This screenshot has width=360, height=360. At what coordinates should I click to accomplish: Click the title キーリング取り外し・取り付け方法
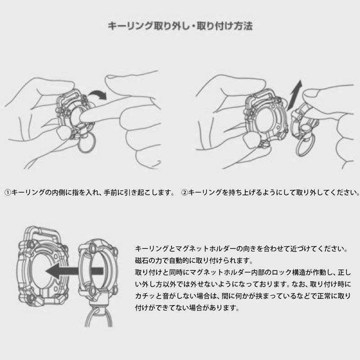pyautogui.click(x=180, y=26)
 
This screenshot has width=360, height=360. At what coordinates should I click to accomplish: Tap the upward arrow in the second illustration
pyautogui.click(x=295, y=94)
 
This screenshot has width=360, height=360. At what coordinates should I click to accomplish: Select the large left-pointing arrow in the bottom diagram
pyautogui.click(x=74, y=271)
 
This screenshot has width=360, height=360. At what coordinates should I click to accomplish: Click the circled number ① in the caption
pyautogui.click(x=8, y=193)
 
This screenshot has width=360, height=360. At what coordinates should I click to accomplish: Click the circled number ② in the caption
pyautogui.click(x=184, y=193)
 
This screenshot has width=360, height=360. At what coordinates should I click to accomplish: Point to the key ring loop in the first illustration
pyautogui.click(x=86, y=144)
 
